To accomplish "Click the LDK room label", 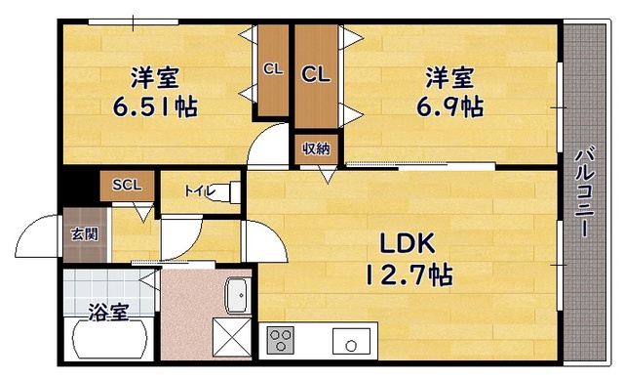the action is tap(408, 243).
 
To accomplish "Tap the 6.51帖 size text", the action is tap(155, 106).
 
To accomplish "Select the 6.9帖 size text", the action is tap(450, 106).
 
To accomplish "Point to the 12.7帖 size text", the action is tap(409, 275).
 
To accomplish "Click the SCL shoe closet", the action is tap(127, 186).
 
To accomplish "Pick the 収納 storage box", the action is tap(316, 149).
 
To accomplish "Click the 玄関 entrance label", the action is tap(85, 233).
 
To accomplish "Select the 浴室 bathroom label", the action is tap(108, 312).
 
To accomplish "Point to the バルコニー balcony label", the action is tap(584, 192).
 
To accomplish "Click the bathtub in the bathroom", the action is tap(108, 340).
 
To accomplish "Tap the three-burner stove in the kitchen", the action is tap(280, 340).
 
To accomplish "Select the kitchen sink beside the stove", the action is tap(351, 340).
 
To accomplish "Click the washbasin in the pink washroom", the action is tap(238, 295).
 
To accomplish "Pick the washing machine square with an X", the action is tap(232, 337).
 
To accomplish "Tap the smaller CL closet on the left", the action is tap(273, 70).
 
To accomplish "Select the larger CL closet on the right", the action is tap(316, 74).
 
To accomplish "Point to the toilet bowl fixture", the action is tap(228, 192).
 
